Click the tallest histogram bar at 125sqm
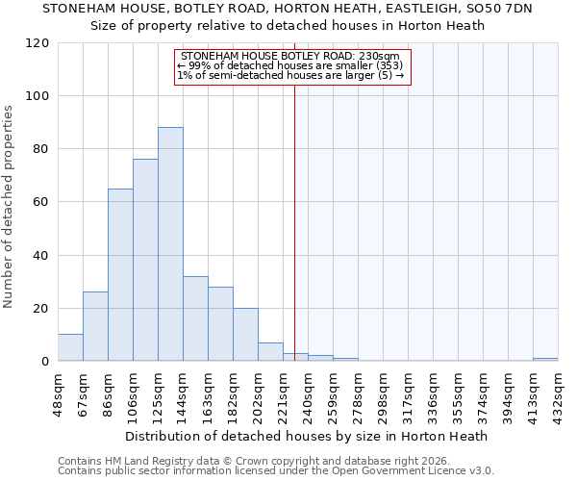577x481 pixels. tap(170, 244)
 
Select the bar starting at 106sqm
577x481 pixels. tap(145, 260)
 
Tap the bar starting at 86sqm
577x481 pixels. tap(120, 275)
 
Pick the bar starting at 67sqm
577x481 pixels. tap(95, 326)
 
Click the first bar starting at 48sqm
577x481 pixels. tap(70, 347)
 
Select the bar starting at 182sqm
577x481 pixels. tap(245, 335)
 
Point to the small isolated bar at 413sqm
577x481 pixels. tap(545, 359)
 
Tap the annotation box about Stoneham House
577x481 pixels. tap(292, 66)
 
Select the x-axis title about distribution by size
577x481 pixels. tap(306, 436)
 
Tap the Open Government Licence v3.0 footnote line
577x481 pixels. tap(276, 471)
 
